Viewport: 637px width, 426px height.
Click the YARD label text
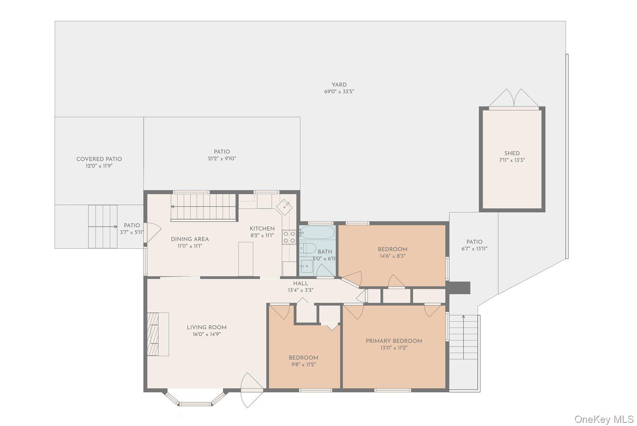pyautogui.click(x=339, y=85)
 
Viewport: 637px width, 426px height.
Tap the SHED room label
pyautogui.click(x=512, y=153)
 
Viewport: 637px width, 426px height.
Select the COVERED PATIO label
pyautogui.click(x=99, y=159)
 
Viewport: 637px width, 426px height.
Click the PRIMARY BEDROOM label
pyautogui.click(x=394, y=341)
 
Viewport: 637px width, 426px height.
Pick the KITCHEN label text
pyautogui.click(x=262, y=229)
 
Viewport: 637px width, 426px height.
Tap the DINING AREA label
pyautogui.click(x=190, y=239)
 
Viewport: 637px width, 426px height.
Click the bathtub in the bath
pyautogui.click(x=317, y=233)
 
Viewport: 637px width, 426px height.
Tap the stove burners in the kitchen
pyautogui.click(x=289, y=237)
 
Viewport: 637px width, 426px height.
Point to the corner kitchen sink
pyautogui.click(x=285, y=207)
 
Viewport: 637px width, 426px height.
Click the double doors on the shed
pyautogui.click(x=514, y=99)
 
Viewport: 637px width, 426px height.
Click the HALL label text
pyautogui.click(x=301, y=284)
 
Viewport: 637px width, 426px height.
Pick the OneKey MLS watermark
pyautogui.click(x=604, y=419)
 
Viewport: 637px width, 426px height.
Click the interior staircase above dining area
pyautogui.click(x=204, y=207)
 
